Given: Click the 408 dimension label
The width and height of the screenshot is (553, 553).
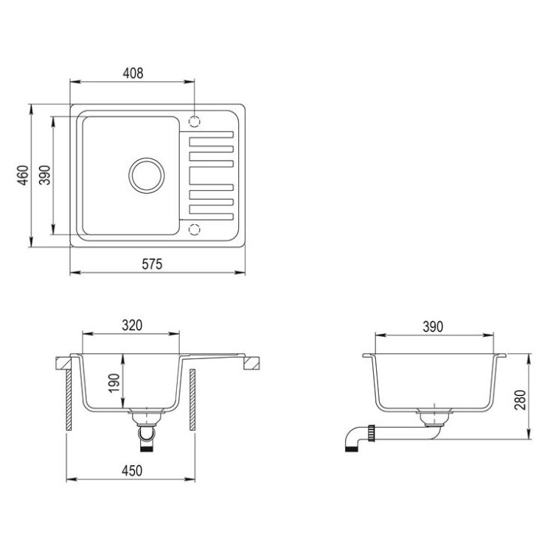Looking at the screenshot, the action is [x=133, y=73].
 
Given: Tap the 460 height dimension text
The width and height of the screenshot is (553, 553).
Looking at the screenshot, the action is [x=23, y=175].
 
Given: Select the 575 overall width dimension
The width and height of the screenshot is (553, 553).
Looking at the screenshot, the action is [x=152, y=264].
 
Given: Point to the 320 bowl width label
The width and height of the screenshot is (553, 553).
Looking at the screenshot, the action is [x=132, y=325].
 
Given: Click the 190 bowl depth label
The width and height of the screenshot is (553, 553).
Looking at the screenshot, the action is [x=114, y=383].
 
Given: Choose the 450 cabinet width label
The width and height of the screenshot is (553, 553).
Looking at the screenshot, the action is [x=132, y=470].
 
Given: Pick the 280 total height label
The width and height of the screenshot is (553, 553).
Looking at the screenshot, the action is [x=521, y=400].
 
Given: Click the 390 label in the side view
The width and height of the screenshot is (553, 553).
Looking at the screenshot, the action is [x=433, y=327].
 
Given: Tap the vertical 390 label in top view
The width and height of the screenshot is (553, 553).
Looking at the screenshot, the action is [x=45, y=175].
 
